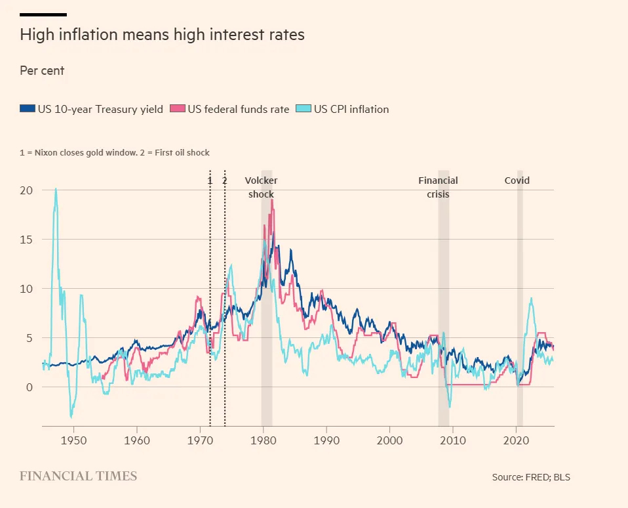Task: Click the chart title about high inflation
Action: (162, 35)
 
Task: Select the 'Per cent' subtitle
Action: (42, 70)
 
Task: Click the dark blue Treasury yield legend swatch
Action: (28, 109)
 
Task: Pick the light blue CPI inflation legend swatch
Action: (303, 109)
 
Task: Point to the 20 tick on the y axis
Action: (26, 190)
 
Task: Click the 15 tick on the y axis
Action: (26, 240)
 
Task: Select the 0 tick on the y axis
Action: (29, 387)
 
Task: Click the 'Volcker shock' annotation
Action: (261, 187)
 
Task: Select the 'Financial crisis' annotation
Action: (438, 187)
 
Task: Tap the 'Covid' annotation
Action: (517, 180)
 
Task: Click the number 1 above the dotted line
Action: (210, 180)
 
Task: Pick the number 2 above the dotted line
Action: (225, 180)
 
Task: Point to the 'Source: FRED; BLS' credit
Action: (531, 477)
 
